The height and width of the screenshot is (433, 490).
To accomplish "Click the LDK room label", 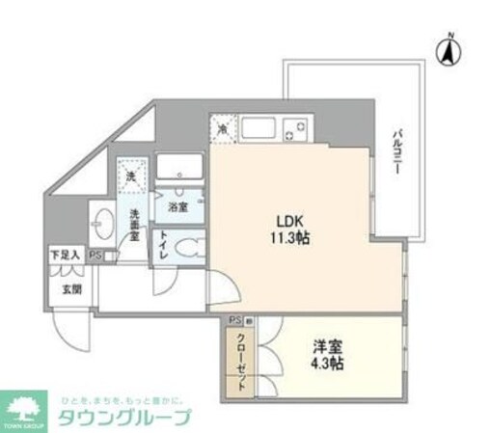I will [292, 218].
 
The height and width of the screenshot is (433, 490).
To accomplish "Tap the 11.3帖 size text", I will [292, 236].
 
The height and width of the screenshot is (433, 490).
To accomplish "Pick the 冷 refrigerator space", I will [221, 128].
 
